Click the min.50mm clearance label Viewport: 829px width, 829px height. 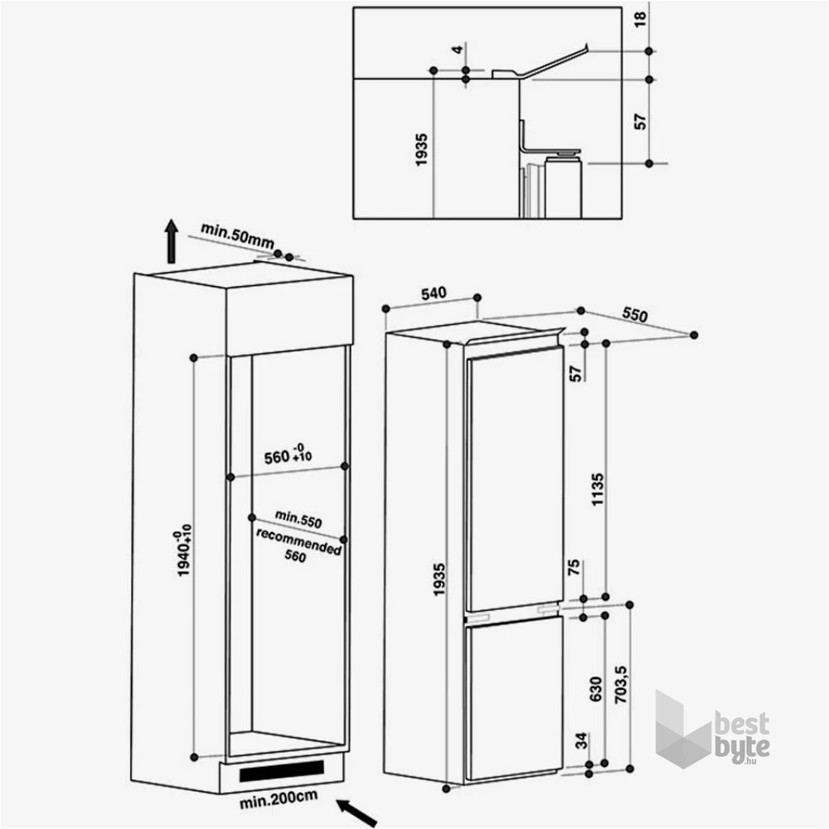point(237,235)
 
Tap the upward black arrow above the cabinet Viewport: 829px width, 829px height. point(171,240)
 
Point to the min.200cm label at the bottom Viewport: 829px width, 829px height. point(279,799)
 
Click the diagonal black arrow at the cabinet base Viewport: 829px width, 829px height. point(356,812)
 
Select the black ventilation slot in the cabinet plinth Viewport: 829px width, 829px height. point(281,771)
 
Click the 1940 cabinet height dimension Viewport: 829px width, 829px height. point(183,550)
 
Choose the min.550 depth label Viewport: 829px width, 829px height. point(298,519)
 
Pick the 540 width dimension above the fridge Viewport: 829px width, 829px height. point(434,293)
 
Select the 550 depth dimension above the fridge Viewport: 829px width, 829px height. point(634,314)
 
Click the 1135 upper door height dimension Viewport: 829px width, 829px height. point(597,490)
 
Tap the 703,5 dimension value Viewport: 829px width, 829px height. point(621,684)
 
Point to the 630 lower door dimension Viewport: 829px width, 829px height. point(595,689)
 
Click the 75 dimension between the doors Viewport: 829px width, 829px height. point(573,567)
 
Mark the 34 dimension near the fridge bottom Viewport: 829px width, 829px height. point(581,740)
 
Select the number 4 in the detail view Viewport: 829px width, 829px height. point(458,49)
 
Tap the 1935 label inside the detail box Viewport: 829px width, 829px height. point(421,150)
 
